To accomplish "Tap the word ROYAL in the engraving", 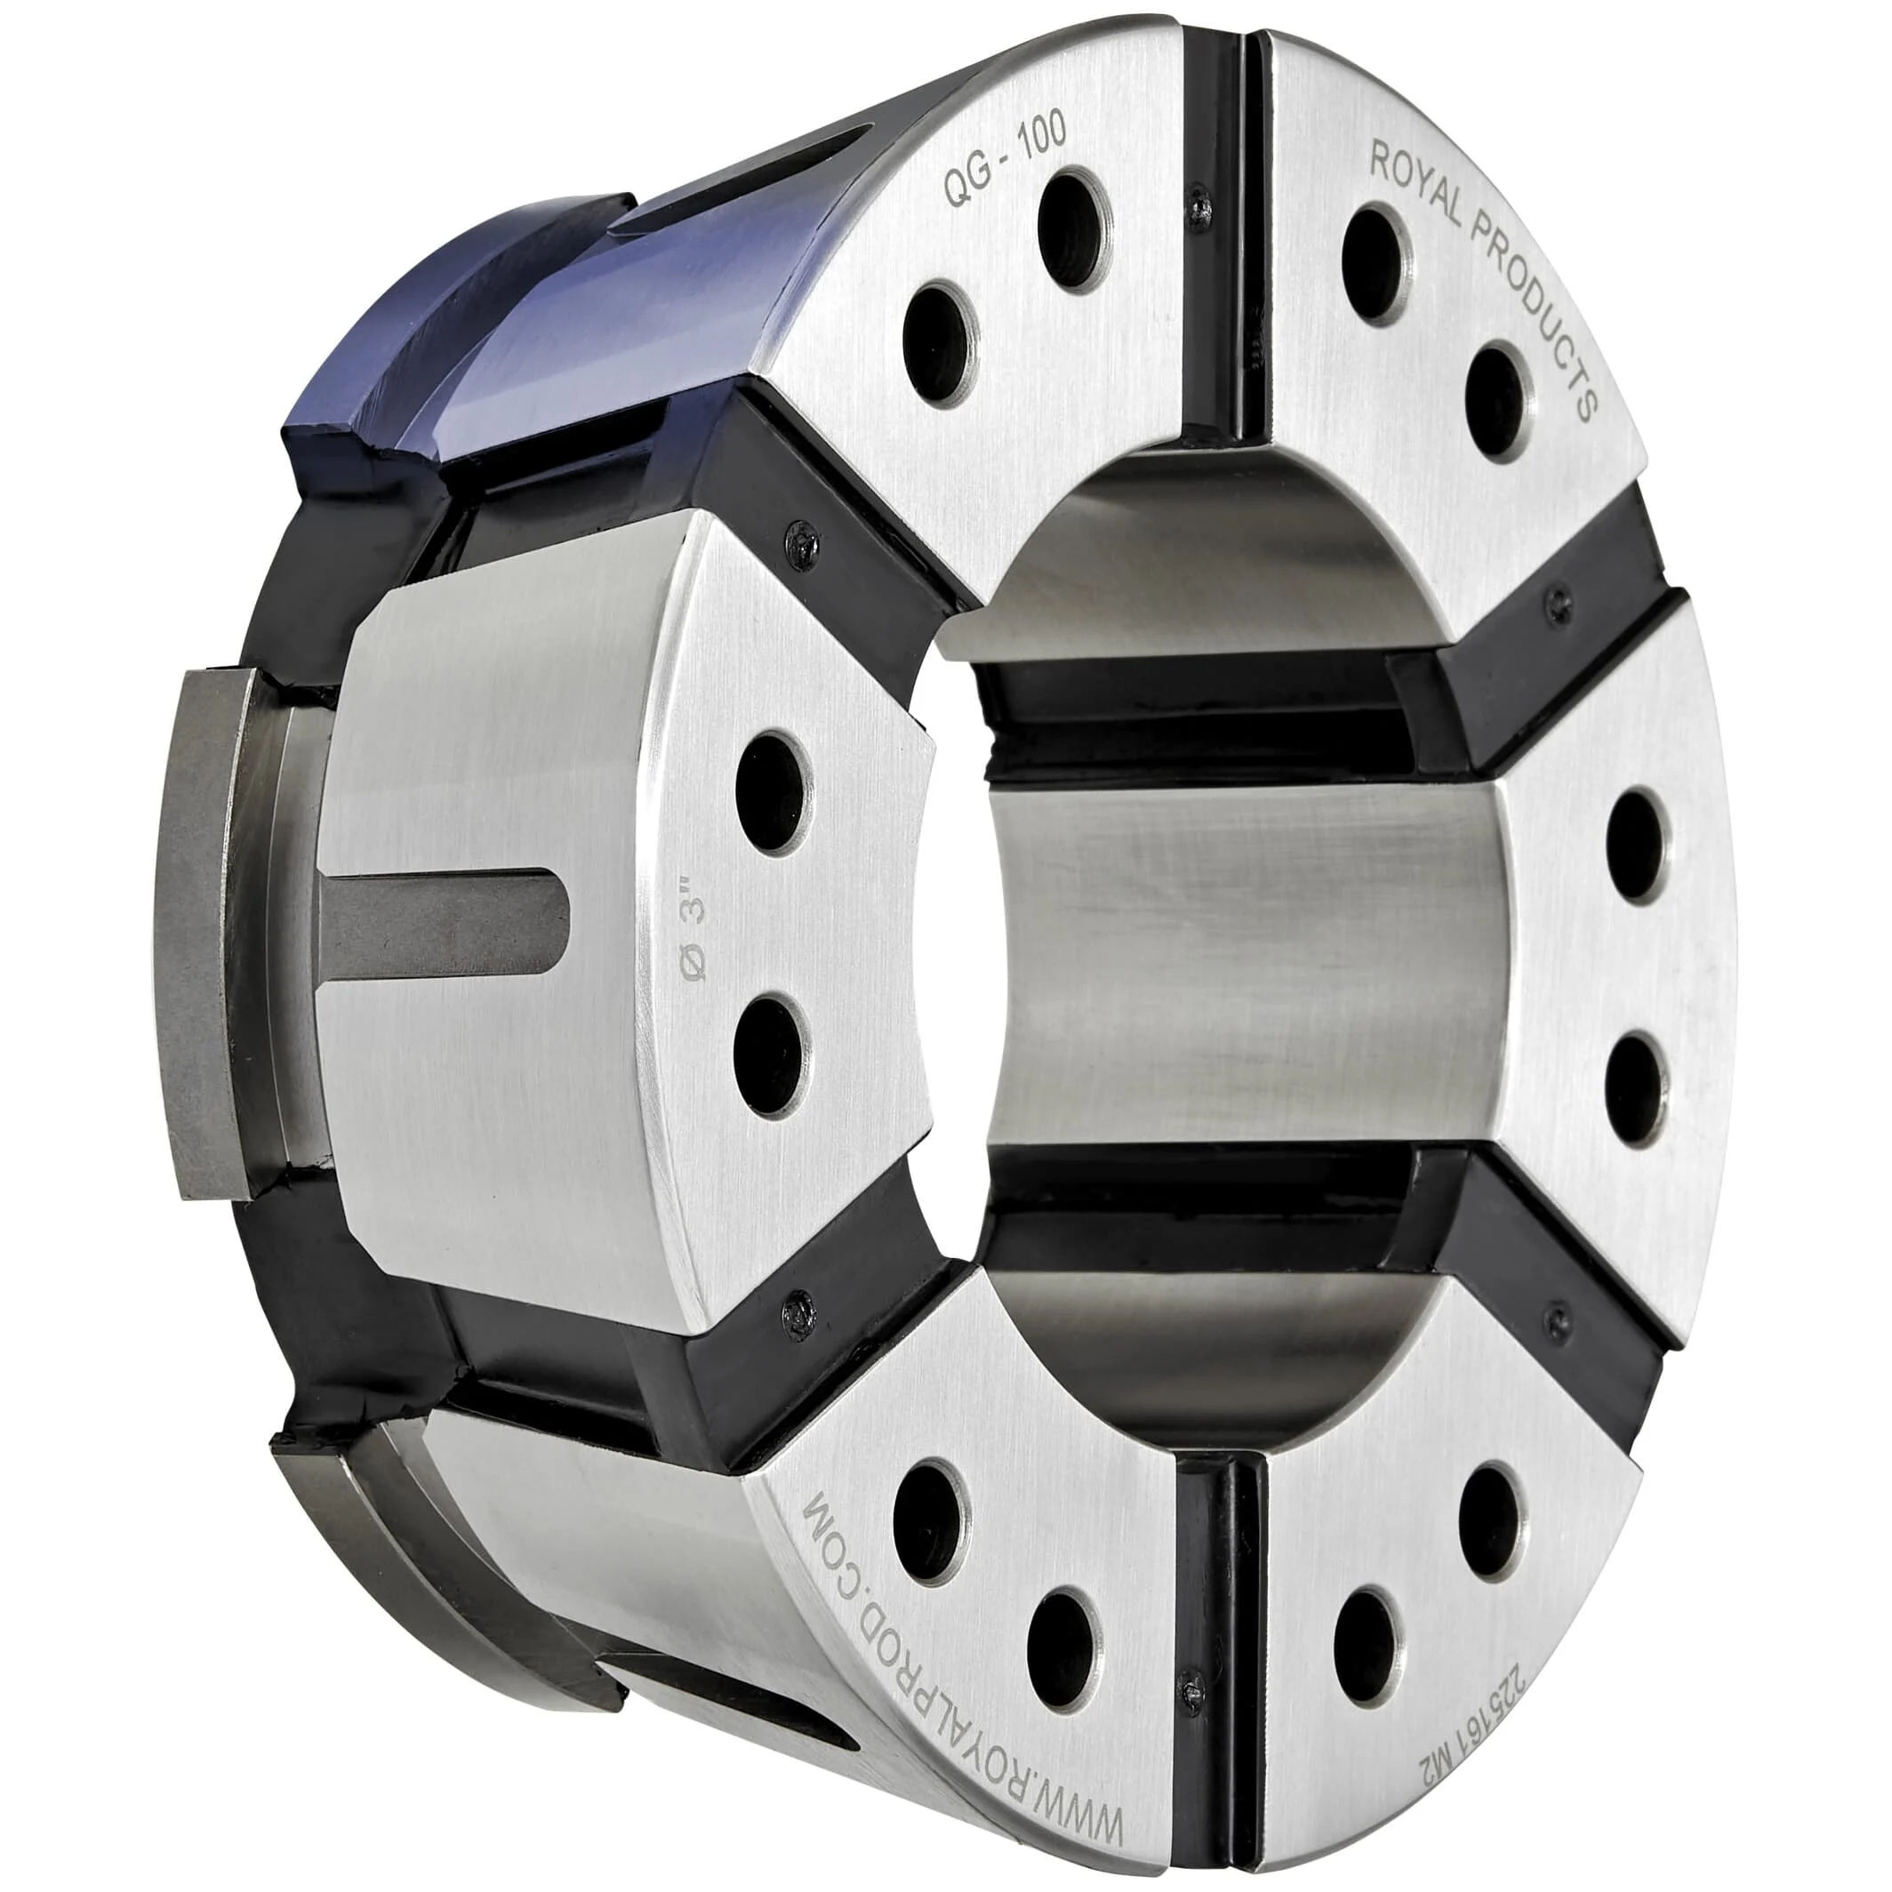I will pos(1421,182).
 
